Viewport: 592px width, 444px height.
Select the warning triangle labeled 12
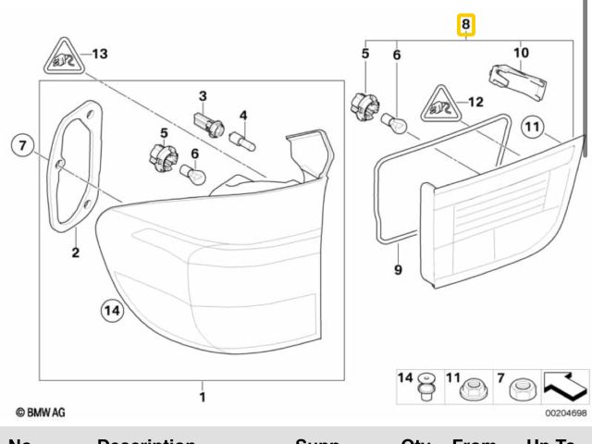point(441,106)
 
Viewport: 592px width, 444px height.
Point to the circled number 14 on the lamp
point(111,312)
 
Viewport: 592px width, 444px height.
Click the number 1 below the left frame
point(203,398)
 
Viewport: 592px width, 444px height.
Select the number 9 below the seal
point(398,270)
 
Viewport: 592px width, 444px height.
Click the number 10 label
point(521,53)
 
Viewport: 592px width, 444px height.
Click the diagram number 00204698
point(564,414)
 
